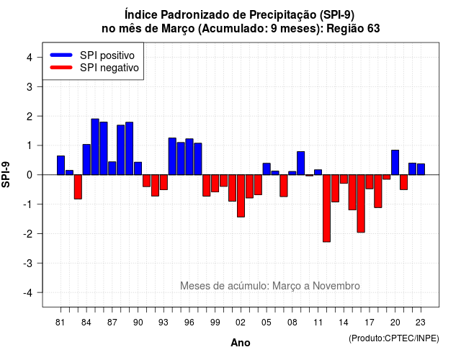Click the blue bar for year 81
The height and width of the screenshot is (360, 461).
61,165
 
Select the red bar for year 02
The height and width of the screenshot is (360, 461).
241,196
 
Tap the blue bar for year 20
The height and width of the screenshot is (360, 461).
395,163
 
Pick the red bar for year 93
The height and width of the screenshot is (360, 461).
164,182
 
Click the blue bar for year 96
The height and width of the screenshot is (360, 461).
189,157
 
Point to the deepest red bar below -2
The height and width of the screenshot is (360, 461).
326,208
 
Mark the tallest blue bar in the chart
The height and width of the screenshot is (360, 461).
95,147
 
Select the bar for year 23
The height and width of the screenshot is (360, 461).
421,169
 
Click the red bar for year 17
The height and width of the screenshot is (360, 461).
370,181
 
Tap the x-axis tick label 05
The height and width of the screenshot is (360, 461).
267,323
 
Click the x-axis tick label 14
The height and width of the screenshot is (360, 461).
344,323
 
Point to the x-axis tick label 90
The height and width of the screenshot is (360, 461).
138,323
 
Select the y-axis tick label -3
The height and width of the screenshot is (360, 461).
29,263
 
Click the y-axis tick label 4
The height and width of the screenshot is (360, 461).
30,58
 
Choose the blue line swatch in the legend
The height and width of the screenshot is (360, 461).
61,55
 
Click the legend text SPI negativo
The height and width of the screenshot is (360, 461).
109,68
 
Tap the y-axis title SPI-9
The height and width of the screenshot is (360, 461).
6,174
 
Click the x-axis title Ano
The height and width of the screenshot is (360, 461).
241,343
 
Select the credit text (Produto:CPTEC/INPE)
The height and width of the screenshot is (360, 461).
394,338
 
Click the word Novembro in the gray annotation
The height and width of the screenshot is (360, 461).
336,286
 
